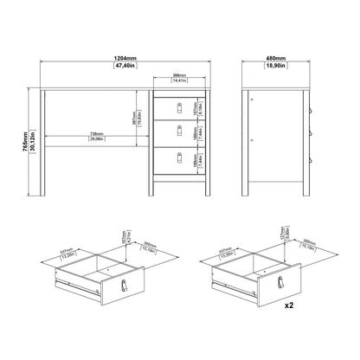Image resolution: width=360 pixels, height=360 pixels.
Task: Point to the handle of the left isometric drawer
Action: click(123, 286)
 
